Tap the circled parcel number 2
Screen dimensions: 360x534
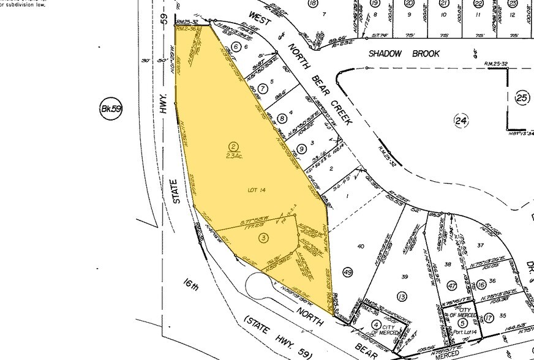233,145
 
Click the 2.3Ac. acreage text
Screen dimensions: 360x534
233,154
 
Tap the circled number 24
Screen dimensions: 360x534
461,121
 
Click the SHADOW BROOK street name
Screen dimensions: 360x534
404,54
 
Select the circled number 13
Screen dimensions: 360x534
402,297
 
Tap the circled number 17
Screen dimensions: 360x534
489,317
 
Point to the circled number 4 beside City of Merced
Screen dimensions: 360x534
376,324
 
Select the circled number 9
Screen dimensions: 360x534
301,148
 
